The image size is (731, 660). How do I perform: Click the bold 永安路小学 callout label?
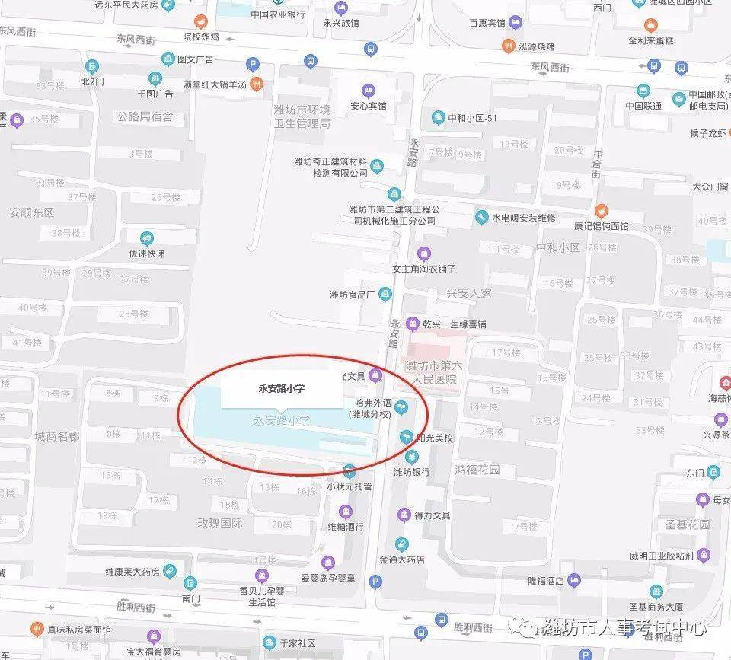281,388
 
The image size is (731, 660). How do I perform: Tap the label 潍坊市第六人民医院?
431,372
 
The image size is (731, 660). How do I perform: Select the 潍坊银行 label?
411,472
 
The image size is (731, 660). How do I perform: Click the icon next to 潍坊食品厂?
385,294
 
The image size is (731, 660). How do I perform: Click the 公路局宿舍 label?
145,116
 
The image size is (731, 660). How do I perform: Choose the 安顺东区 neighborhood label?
33,212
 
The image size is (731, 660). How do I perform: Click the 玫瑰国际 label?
219,523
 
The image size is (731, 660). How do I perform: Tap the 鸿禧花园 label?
477,470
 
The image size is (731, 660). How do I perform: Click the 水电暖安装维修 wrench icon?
481,218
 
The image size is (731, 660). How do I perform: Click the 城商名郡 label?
56,435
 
